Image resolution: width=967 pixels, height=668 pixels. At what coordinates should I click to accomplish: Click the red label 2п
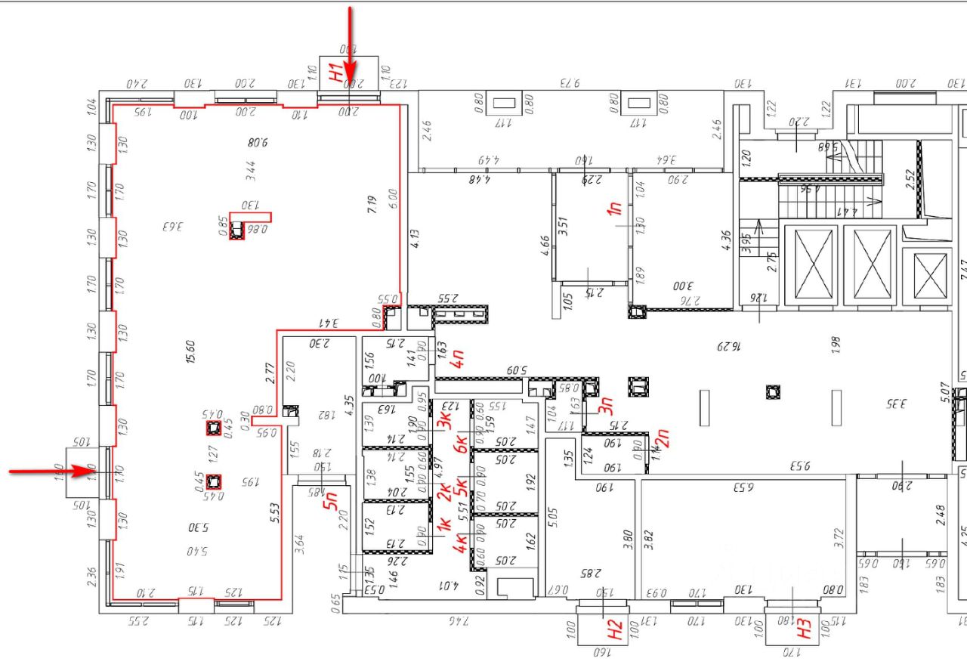665,438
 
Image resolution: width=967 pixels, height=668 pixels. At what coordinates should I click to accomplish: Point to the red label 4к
459,542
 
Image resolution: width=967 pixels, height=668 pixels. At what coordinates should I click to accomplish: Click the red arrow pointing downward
350,45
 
